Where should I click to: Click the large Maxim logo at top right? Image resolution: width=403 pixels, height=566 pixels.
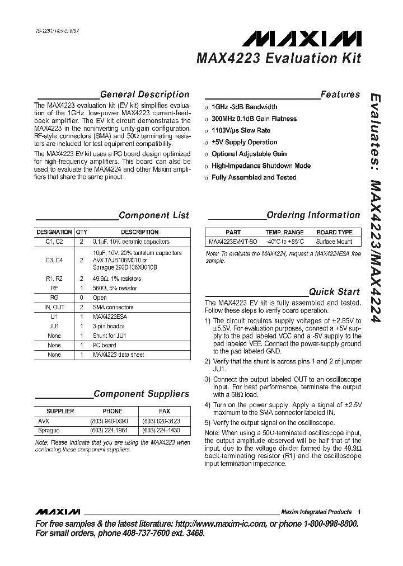[x=306, y=38]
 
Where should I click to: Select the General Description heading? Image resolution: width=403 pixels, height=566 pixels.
[x=144, y=95]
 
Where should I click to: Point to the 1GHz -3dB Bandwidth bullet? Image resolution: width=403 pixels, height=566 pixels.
[x=244, y=107]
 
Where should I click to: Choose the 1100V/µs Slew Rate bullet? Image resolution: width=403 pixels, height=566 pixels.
[x=241, y=130]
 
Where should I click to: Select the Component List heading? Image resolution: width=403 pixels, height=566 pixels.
[x=154, y=215]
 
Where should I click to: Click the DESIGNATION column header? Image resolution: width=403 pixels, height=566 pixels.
[x=54, y=232]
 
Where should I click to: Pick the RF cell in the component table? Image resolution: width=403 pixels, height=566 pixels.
[x=54, y=288]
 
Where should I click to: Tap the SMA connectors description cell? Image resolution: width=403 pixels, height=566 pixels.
[x=113, y=307]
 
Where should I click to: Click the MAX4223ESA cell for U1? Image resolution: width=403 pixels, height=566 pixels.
[x=110, y=317]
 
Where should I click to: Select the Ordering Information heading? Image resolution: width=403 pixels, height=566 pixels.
[x=313, y=215]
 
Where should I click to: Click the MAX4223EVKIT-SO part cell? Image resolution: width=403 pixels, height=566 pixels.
[x=233, y=242]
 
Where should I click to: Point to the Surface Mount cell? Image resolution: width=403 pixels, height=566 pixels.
[x=334, y=242]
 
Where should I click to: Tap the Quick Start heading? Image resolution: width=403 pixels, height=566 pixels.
[x=335, y=291]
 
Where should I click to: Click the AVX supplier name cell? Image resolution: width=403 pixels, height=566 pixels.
[x=44, y=421]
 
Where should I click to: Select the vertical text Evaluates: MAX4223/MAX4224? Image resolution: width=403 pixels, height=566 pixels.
[x=376, y=207]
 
